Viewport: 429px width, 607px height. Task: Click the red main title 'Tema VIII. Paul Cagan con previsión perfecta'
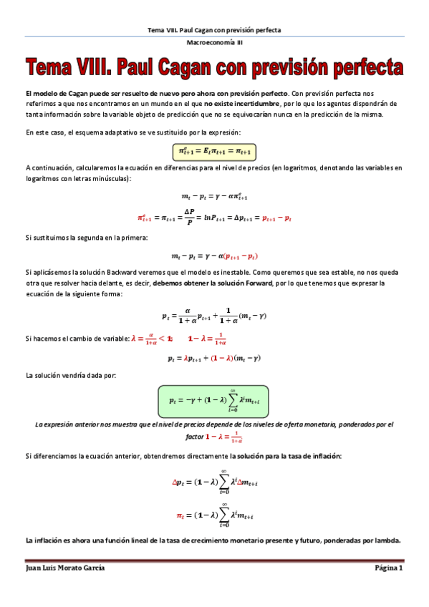coord(214,69)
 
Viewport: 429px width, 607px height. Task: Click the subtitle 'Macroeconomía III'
coord(214,44)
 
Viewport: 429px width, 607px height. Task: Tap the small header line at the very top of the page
coord(214,30)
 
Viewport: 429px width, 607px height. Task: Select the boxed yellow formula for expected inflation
coord(214,151)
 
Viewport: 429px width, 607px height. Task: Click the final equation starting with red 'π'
coord(214,515)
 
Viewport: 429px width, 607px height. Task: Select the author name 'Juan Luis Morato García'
coord(65,568)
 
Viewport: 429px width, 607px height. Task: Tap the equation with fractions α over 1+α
coord(214,314)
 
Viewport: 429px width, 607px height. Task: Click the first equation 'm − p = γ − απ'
coord(214,195)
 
